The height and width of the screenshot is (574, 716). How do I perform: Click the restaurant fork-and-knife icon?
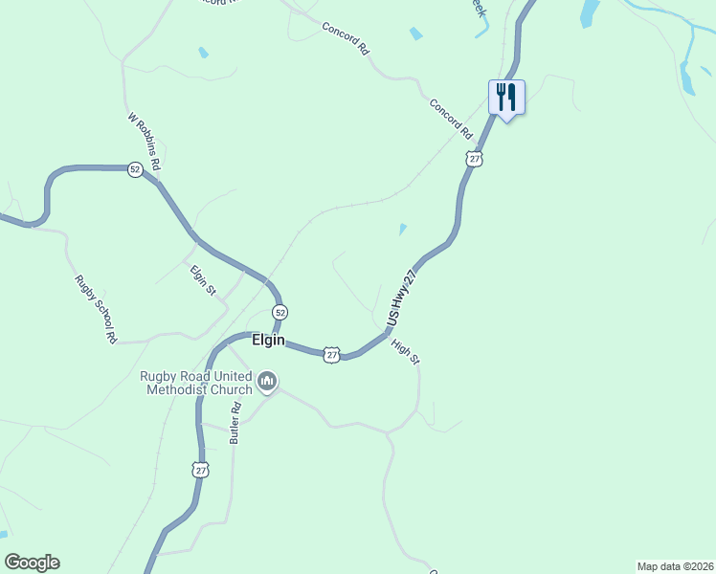point(507,98)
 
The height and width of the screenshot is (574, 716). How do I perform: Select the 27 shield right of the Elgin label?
point(331,354)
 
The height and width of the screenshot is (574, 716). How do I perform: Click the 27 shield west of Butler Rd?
point(200,470)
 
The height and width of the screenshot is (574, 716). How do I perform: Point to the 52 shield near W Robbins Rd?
point(135,168)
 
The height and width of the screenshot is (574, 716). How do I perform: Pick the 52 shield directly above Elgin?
point(280,313)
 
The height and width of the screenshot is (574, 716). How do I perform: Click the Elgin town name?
point(268,340)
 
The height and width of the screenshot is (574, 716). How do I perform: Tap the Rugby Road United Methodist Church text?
point(199,383)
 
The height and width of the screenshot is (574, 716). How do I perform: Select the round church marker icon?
point(268,383)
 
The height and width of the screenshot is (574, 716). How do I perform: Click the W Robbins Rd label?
point(144,142)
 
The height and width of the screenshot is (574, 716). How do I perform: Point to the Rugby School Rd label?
point(96,309)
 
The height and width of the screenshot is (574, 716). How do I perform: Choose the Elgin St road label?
point(203,279)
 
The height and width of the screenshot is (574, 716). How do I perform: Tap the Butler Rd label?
point(235,421)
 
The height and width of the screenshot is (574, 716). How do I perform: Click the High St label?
point(407,349)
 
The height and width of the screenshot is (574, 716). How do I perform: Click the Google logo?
point(32,563)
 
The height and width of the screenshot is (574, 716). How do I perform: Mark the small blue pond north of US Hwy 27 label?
point(402,230)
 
